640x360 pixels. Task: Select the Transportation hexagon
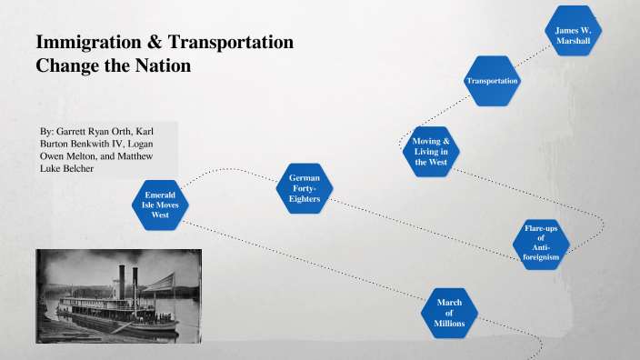[x=492, y=81]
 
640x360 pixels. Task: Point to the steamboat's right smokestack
[x=135, y=285]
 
